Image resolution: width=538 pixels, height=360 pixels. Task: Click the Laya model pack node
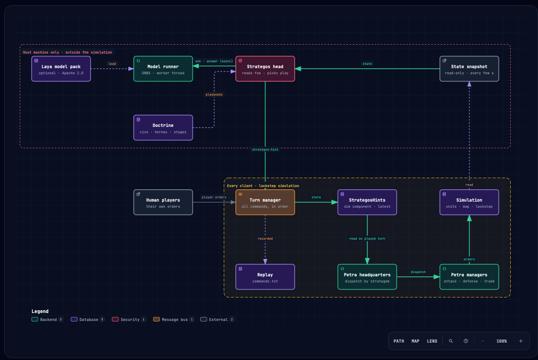[x=61, y=69]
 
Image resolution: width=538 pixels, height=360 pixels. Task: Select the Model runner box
[x=163, y=69]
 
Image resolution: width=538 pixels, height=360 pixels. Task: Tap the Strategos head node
[x=265, y=69]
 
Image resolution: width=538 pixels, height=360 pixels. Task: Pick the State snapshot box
[x=469, y=69]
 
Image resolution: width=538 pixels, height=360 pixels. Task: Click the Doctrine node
[x=163, y=128]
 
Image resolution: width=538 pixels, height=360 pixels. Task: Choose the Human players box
[x=163, y=203]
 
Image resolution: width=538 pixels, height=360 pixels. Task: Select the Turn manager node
[x=265, y=203]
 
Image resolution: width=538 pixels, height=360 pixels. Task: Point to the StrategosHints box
[x=367, y=203]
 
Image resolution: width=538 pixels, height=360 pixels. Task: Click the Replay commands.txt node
[x=265, y=277]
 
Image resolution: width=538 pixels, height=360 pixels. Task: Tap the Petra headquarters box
[x=367, y=277]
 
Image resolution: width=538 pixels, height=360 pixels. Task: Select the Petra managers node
[x=469, y=277]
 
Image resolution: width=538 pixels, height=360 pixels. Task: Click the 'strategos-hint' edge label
[x=265, y=149]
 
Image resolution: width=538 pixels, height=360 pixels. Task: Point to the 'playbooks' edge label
[x=214, y=95]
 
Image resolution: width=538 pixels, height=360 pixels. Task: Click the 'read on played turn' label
[x=367, y=239]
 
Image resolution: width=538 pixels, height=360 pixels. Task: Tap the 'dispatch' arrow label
[x=418, y=272]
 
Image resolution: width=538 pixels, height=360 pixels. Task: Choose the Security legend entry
[x=129, y=320]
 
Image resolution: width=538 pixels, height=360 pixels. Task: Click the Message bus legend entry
[x=173, y=320]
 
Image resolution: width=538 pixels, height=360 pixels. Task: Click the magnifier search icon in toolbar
[x=451, y=341]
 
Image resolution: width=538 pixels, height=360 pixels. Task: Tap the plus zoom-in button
[x=521, y=341]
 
